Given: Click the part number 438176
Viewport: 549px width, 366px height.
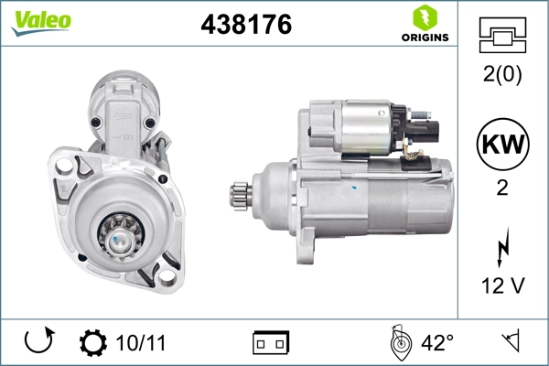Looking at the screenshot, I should pos(246,26).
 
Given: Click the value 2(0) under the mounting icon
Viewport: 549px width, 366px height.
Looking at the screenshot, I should pos(501,76).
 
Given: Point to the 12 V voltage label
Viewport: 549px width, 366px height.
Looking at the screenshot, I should pos(501,286).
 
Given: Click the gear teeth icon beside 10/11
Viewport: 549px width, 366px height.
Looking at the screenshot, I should pos(92,343).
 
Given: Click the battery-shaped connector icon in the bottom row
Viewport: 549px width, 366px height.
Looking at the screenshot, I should pos(271,343).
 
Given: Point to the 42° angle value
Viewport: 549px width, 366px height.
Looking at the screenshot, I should pos(437,343).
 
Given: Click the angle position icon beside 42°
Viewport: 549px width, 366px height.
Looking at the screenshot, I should pos(397,342).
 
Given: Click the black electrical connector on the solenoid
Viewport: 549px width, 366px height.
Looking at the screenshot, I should pos(425,131).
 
